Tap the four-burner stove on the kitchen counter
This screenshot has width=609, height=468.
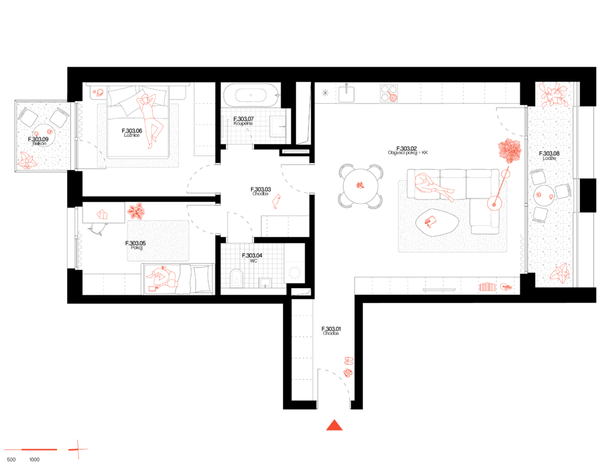(x=389, y=93)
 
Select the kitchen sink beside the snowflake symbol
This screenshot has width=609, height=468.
(x=346, y=94)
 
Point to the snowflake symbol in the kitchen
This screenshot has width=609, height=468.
(x=325, y=92)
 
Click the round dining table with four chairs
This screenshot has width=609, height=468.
(x=360, y=186)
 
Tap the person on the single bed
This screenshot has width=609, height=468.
(x=162, y=279)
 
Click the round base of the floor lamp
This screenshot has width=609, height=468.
(x=494, y=204)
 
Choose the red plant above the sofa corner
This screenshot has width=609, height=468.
(x=510, y=150)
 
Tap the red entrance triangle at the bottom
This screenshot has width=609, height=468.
(x=334, y=425)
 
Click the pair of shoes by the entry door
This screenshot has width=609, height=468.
(x=349, y=367)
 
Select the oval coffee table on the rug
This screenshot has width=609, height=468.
(x=437, y=222)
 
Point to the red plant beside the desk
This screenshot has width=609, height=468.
(x=137, y=211)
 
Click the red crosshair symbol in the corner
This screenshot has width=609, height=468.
(x=77, y=450)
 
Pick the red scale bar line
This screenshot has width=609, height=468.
(x=31, y=450)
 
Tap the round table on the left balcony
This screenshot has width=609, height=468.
(x=44, y=135)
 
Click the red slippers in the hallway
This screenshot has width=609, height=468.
(x=276, y=201)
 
